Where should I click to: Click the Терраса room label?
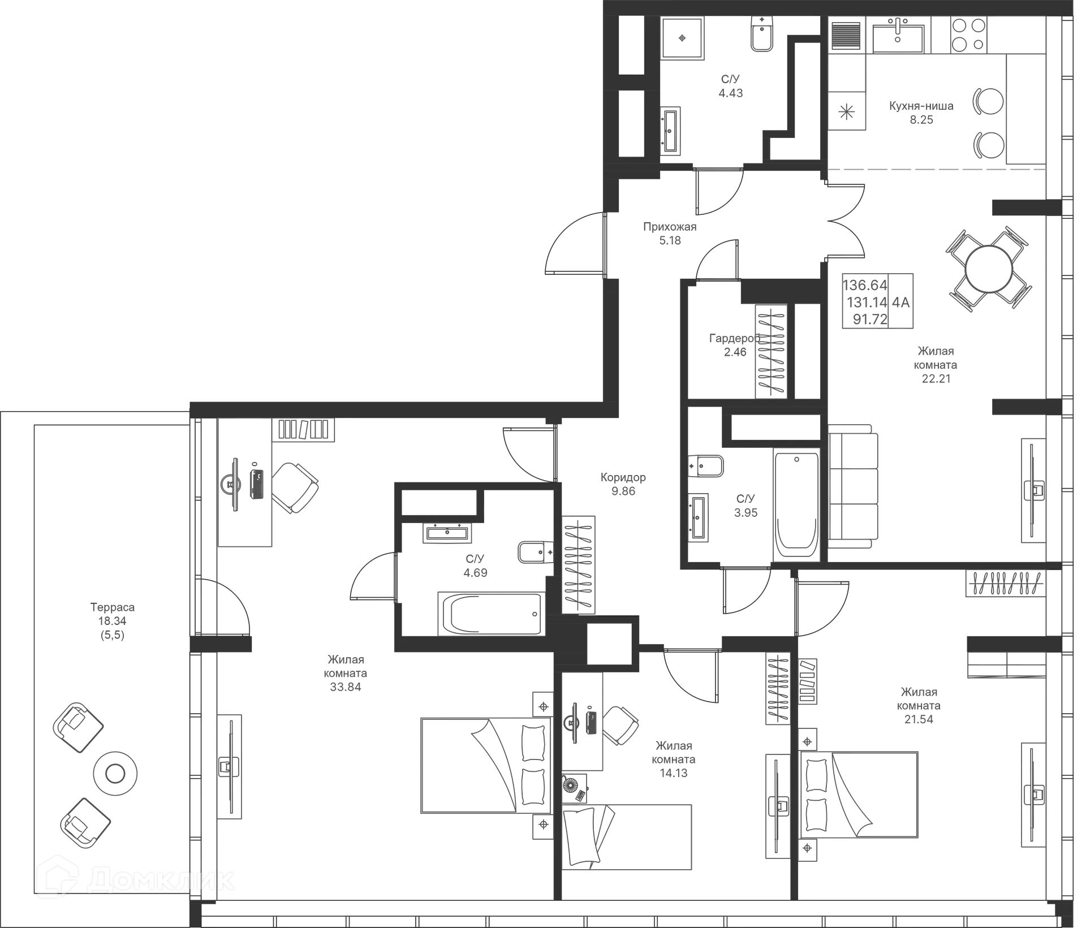113,607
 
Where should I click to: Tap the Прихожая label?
670,227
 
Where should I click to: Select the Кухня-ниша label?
921,106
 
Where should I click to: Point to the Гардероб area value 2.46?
735,352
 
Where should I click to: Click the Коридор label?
623,478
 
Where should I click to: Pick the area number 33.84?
346,687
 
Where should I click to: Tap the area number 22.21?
937,378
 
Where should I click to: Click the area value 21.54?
919,719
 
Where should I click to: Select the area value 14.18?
674,773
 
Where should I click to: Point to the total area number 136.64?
865,284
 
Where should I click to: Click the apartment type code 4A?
901,303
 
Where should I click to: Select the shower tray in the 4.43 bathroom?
683,37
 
